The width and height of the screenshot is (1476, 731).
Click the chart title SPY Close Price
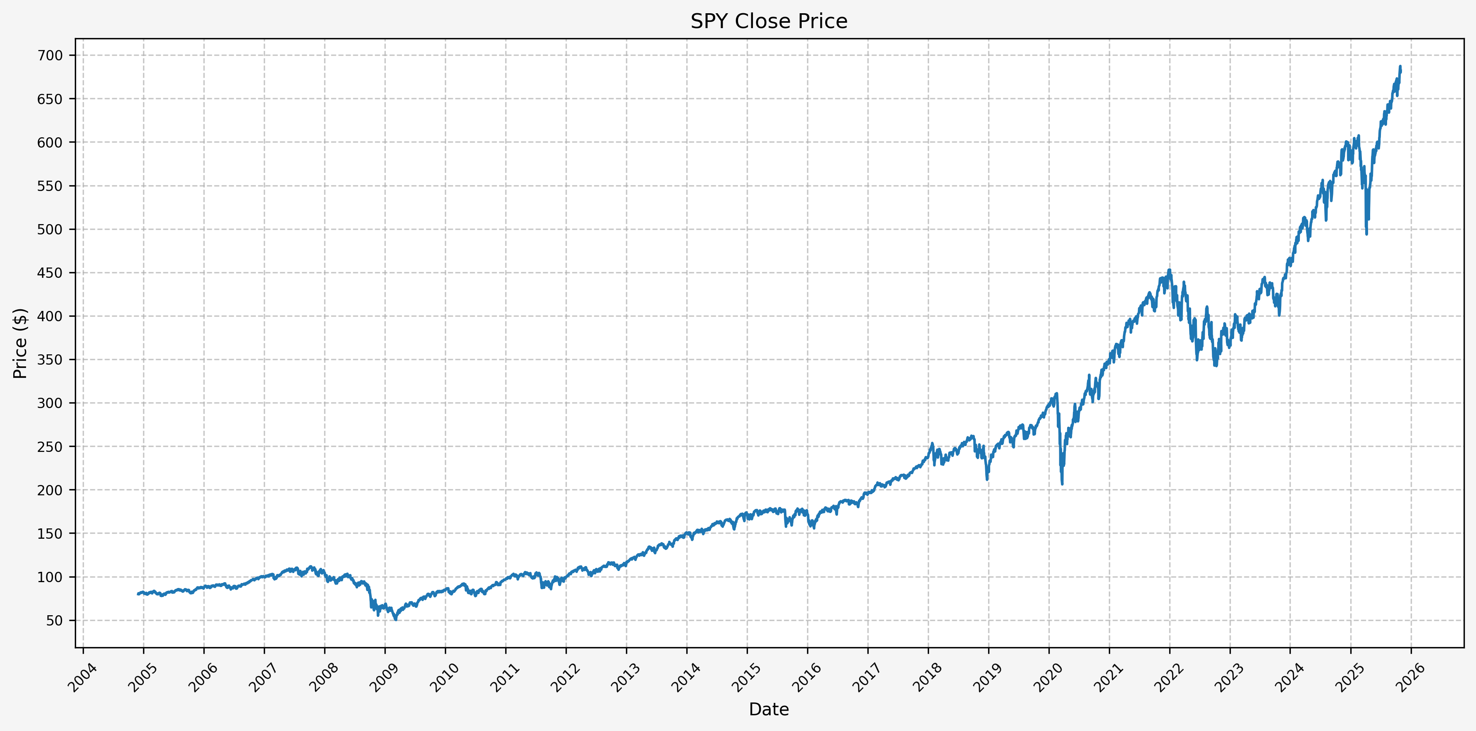[x=768, y=21]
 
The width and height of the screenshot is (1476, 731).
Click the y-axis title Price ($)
[x=20, y=343]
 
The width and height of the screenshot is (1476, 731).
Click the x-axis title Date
[x=768, y=709]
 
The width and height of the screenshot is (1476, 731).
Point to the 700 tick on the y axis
[x=50, y=55]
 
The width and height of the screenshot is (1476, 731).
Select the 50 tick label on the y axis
[x=54, y=621]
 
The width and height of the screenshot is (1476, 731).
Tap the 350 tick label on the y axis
[x=50, y=360]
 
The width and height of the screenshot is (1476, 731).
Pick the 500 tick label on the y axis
[x=50, y=229]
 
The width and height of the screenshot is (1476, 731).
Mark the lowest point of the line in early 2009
[x=395, y=619]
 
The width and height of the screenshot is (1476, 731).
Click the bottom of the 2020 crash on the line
[x=1062, y=485]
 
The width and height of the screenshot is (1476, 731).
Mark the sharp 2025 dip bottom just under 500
[x=1366, y=234]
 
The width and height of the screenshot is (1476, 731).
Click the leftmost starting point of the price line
[x=138, y=594]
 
